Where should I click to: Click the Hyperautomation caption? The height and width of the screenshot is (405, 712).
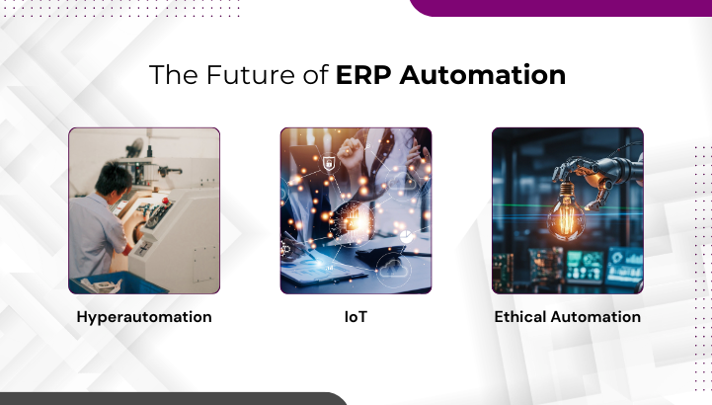(144, 317)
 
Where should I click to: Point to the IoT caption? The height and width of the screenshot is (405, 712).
(356, 317)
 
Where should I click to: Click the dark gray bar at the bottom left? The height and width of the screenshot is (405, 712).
(168, 398)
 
